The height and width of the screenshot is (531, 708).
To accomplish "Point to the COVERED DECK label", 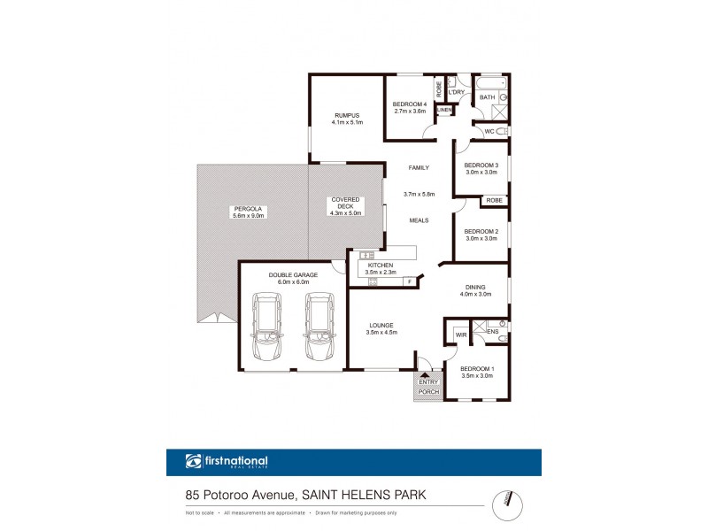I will pyautogui.click(x=345, y=204).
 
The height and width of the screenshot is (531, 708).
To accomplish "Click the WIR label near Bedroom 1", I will pyautogui.click(x=461, y=335).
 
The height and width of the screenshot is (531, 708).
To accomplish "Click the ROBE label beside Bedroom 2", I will pyautogui.click(x=493, y=201).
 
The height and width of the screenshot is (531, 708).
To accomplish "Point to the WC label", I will pyautogui.click(x=489, y=132).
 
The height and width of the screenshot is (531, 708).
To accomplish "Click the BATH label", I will pyautogui.click(x=487, y=97).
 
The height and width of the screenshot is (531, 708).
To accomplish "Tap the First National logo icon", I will pyautogui.click(x=194, y=461).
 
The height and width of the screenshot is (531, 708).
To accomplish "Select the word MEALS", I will pyautogui.click(x=419, y=219).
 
